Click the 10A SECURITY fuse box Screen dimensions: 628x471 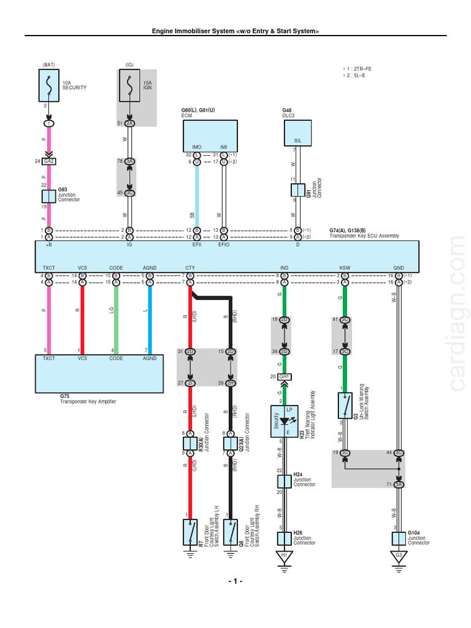point(49,85)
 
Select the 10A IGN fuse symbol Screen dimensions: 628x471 point(129,85)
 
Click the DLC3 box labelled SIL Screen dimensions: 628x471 point(297,133)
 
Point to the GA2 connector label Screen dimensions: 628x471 point(49,162)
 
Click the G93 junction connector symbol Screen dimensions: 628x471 point(49,196)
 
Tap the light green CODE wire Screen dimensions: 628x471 point(115,319)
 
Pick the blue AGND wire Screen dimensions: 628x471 point(149,319)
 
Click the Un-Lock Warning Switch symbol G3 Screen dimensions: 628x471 point(345,405)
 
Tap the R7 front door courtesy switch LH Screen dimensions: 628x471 point(190,532)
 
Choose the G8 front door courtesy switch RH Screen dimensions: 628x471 point(230,532)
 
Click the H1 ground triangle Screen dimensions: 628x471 point(284,557)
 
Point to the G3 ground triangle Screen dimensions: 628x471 point(399,557)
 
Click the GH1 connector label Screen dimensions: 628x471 point(284,377)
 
